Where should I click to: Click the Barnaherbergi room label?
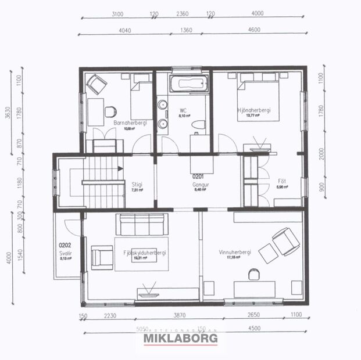point(130,123)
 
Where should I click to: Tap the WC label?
point(183,110)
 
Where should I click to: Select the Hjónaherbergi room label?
point(254,110)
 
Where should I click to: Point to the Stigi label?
point(137,185)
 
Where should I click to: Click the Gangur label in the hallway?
point(200,185)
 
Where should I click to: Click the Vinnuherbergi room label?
point(235,252)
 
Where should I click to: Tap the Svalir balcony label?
point(65,254)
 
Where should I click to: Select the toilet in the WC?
point(199,125)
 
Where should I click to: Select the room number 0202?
point(65,245)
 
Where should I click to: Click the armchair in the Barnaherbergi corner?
point(95,85)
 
